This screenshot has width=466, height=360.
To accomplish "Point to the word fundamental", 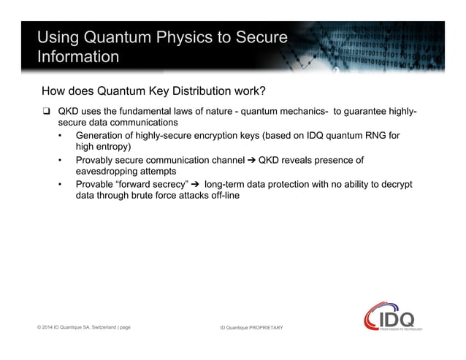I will pyautogui.click(x=148, y=112).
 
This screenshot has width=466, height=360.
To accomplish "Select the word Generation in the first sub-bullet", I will pyautogui.click(x=102, y=136).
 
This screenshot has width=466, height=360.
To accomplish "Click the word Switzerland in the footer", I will pyautogui.click(x=96, y=327).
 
